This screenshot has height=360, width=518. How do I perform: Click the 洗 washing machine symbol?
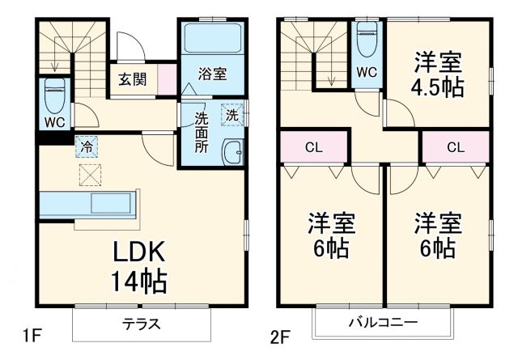[232, 114]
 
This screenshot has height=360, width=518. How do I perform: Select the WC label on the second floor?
[367, 72]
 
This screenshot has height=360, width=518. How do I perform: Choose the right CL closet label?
[455, 147]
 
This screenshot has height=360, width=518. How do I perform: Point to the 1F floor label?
[30, 333]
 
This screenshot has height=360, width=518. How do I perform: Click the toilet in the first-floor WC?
[54, 95]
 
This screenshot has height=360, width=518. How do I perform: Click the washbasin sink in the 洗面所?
[233, 150]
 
